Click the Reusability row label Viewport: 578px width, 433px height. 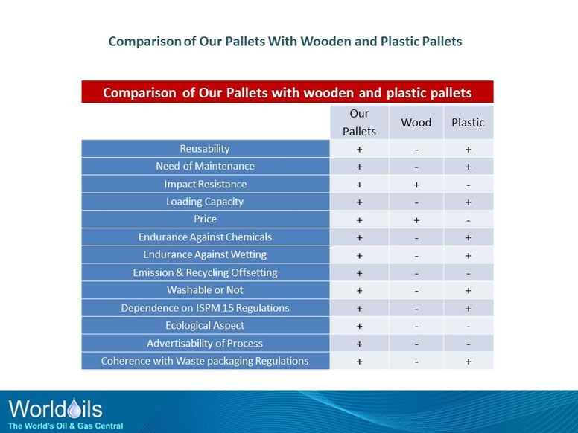pos(205,149)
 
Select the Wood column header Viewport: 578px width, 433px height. pos(416,122)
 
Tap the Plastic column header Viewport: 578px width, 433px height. pos(468,122)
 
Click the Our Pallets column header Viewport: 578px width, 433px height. pos(359,122)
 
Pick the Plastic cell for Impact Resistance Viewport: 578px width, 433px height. pos(468,185)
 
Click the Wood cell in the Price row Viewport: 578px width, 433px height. pos(416,219)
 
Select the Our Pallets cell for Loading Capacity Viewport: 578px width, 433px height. pos(359,202)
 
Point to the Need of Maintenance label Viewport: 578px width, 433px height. pos(205,166)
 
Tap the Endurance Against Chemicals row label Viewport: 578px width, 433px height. pos(205,237)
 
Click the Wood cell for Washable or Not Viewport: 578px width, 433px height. pos(416,290)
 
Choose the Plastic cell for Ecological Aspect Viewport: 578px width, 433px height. pos(468,326)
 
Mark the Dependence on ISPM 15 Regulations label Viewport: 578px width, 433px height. pos(205,308)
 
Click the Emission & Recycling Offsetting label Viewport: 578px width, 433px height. pos(205,272)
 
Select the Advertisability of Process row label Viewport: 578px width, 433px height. pos(205,343)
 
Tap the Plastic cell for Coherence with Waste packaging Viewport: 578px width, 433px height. pos(468,361)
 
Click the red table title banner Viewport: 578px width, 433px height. pos(287,93)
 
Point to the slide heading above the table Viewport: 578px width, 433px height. pos(285,42)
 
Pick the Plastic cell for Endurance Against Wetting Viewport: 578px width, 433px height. pos(468,255)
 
